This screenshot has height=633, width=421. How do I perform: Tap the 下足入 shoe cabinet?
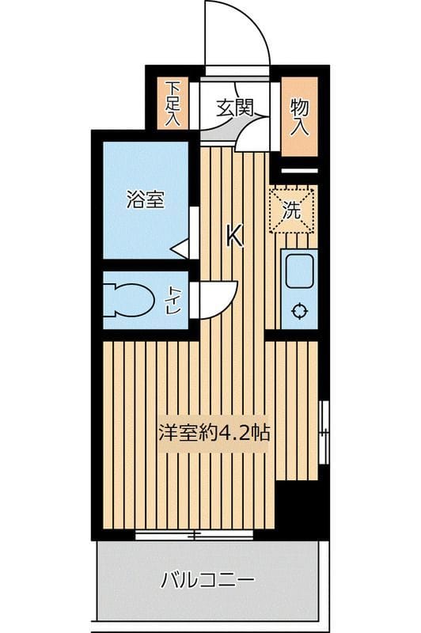(x=173, y=103)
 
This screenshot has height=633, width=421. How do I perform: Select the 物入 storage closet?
(x=299, y=116)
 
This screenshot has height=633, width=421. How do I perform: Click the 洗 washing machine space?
(x=294, y=210)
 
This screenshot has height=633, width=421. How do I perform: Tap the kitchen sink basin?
(x=300, y=271)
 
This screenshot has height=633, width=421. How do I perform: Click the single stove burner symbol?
(x=300, y=311)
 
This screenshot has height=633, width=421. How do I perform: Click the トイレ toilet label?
(x=172, y=301)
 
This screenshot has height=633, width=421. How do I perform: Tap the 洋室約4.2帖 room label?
(x=215, y=433)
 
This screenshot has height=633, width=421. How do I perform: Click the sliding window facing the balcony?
(x=194, y=535)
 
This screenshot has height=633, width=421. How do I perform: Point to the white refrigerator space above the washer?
(x=299, y=171)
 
